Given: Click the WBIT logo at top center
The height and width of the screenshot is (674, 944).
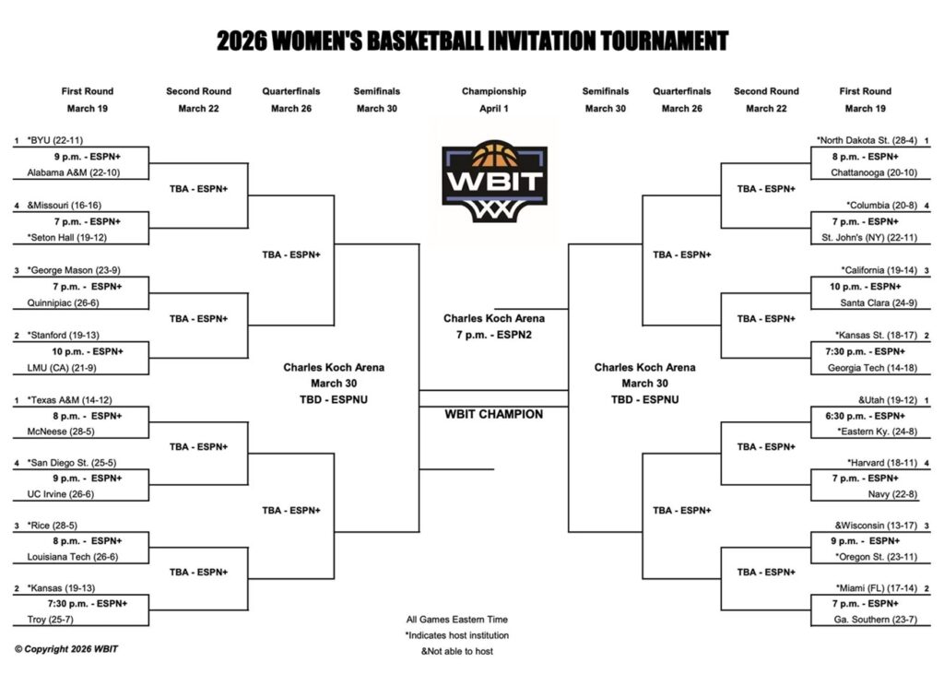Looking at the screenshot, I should point(495,182).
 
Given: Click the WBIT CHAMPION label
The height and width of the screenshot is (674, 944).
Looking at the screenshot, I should point(494,414).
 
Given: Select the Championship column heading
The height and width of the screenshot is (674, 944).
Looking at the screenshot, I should point(494,91).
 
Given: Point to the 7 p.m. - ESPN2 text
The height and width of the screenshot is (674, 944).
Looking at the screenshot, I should point(494,335).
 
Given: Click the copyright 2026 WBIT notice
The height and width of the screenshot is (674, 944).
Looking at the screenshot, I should point(66,649).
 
